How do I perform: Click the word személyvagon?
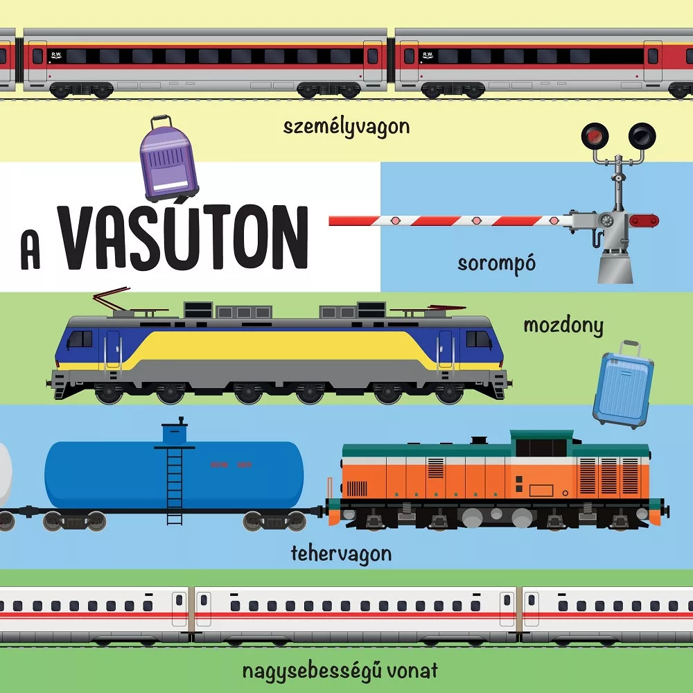(x=346, y=127)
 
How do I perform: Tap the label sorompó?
(x=497, y=264)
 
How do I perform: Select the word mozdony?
(x=563, y=325)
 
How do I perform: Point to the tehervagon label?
(x=341, y=554)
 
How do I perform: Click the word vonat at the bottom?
(x=413, y=670)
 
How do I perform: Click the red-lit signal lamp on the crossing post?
(x=592, y=136)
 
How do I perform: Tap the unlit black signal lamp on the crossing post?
(x=642, y=135)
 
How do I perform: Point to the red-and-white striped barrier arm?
(x=444, y=220)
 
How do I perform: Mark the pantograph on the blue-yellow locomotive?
(x=114, y=304)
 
